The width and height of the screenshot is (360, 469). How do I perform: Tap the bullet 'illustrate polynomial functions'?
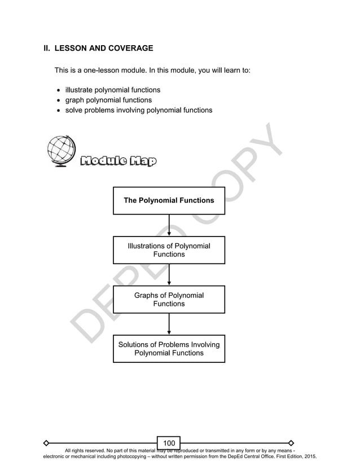[113, 90]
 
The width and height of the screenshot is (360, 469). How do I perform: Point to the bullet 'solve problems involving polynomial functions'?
[139, 110]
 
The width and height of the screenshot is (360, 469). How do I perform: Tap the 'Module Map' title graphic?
[118, 162]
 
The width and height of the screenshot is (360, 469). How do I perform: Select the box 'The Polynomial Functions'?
[169, 200]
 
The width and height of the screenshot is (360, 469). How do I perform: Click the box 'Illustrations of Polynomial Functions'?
[169, 250]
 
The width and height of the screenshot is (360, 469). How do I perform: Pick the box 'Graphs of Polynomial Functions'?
[169, 299]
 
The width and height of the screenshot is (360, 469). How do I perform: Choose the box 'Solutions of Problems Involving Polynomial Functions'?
[169, 348]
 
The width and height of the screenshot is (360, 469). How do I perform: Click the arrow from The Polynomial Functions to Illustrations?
[169, 226]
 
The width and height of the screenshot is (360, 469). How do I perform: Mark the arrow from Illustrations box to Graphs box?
[169, 275]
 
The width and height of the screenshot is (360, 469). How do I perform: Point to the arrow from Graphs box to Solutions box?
[169, 324]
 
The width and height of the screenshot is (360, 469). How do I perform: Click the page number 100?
[169, 442]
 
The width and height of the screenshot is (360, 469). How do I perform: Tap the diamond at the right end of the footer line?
[291, 442]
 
